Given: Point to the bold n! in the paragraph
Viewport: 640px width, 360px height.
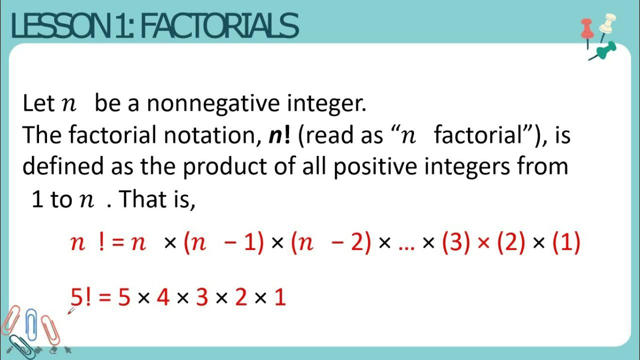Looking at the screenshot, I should click(279, 135).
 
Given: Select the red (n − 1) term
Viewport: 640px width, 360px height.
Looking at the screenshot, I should click(223, 243).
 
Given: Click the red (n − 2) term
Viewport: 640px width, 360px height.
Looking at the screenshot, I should click(330, 243).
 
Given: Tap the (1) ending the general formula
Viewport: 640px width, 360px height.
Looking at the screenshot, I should click(566, 243).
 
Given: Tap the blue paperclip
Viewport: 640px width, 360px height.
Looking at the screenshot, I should click(31, 325).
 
